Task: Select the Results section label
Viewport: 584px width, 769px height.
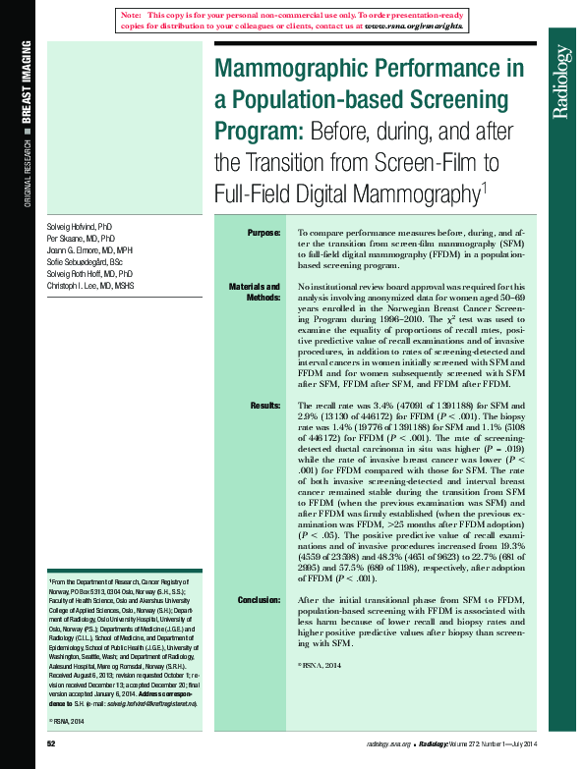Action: pos(265,404)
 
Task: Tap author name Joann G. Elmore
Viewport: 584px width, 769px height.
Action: pos(77,250)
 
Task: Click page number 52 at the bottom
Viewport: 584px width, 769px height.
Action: pos(51,744)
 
